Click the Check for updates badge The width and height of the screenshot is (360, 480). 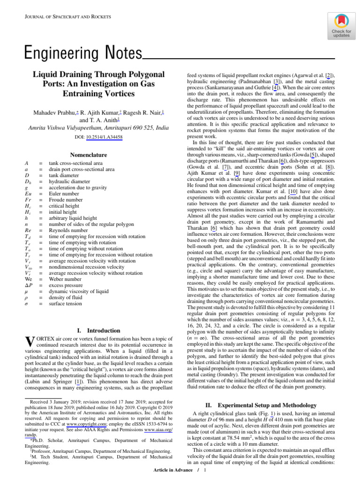342,25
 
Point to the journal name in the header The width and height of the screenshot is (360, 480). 67,17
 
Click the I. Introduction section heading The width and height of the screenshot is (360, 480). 97,330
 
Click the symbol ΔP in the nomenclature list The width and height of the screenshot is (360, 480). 29,285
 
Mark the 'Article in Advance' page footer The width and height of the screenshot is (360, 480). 173,470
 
